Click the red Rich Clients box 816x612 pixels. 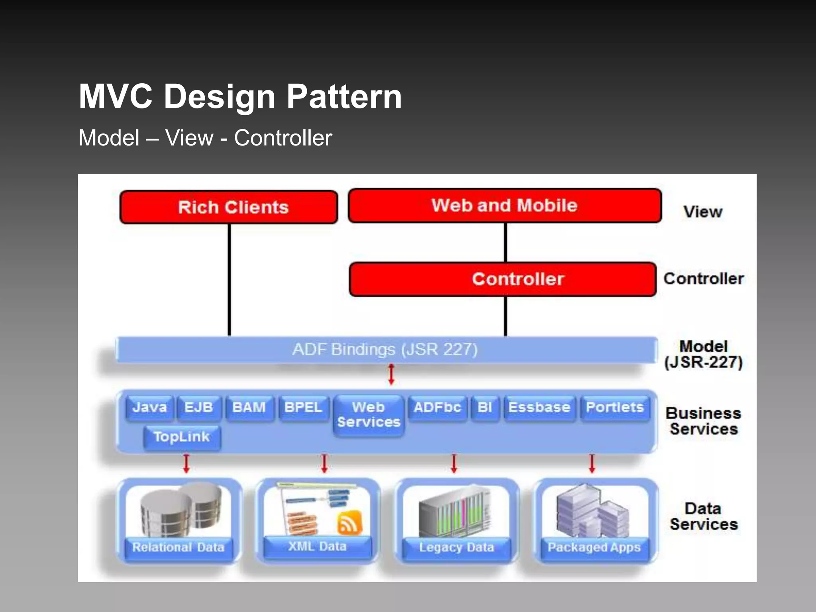229,207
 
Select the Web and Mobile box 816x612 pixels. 504,206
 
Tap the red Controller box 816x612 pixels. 503,279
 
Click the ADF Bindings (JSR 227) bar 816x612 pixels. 385,349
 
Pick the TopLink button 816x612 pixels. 182,437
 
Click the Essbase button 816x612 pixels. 539,408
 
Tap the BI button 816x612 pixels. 484,408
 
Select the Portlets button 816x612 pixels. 615,408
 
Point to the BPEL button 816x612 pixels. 303,408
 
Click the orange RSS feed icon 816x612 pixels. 349,522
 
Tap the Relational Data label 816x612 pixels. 178,547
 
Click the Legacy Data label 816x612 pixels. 456,547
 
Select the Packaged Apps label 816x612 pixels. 594,547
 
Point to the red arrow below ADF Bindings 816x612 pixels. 391,375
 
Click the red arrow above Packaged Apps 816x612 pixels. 592,464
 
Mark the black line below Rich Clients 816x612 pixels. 229,279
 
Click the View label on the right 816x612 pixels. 703,212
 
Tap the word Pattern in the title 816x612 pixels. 344,96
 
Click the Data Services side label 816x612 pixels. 704,516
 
